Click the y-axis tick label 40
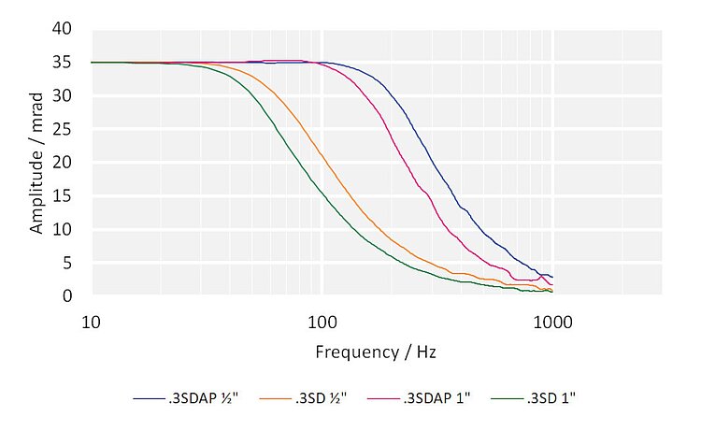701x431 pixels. (63, 29)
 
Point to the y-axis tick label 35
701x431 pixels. (63, 63)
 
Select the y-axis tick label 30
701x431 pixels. (63, 95)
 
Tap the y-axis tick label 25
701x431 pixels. (63, 129)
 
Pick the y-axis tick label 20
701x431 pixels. (63, 163)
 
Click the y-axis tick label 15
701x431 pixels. (63, 196)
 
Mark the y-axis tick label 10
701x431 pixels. (63, 229)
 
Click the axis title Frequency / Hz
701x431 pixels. (376, 352)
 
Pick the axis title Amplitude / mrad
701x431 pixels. (36, 163)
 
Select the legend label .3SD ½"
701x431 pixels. (321, 397)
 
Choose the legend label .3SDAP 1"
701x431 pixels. (436, 397)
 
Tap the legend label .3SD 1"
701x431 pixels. (552, 397)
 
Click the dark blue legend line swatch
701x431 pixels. (147, 398)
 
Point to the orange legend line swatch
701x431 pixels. (272, 398)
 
